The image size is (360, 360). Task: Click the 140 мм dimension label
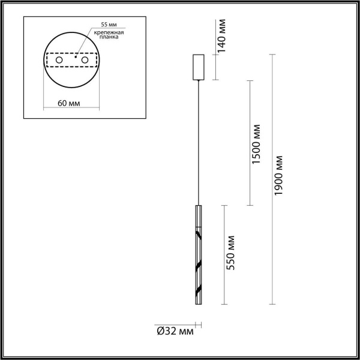tap(221, 38)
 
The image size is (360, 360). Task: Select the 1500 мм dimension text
tap(257, 144)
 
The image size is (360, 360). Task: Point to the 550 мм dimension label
tap(231, 254)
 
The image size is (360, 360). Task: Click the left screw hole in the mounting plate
tap(59, 61)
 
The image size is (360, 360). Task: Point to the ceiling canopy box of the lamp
tap(198, 67)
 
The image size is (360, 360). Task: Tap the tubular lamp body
tap(198, 252)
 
